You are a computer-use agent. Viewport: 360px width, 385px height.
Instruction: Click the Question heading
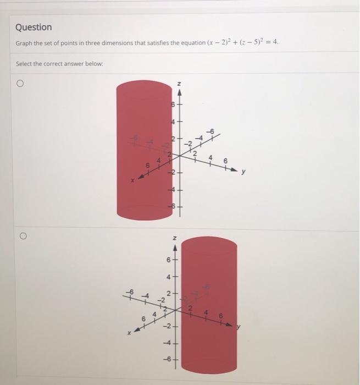[34, 27]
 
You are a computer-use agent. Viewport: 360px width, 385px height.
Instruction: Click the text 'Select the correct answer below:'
[59, 64]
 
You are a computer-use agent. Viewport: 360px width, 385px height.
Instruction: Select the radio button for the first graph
[20, 84]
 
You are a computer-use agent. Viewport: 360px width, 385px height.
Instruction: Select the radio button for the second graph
[23, 236]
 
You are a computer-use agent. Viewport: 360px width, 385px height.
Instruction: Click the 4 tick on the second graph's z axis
[170, 277]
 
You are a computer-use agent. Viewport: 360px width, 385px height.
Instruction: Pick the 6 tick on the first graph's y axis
[224, 160]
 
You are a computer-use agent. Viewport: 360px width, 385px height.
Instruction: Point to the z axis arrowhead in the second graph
[175, 249]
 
